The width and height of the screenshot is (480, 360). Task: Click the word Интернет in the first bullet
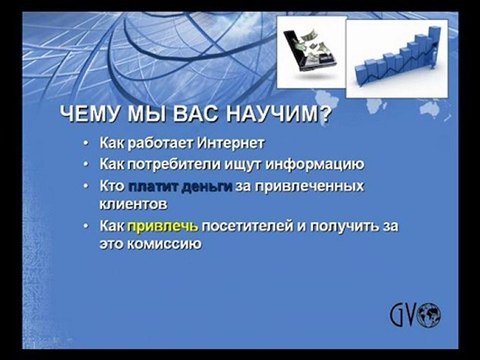click(226, 144)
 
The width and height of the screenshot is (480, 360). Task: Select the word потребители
click(180, 164)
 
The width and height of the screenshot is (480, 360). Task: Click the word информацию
click(309, 164)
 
